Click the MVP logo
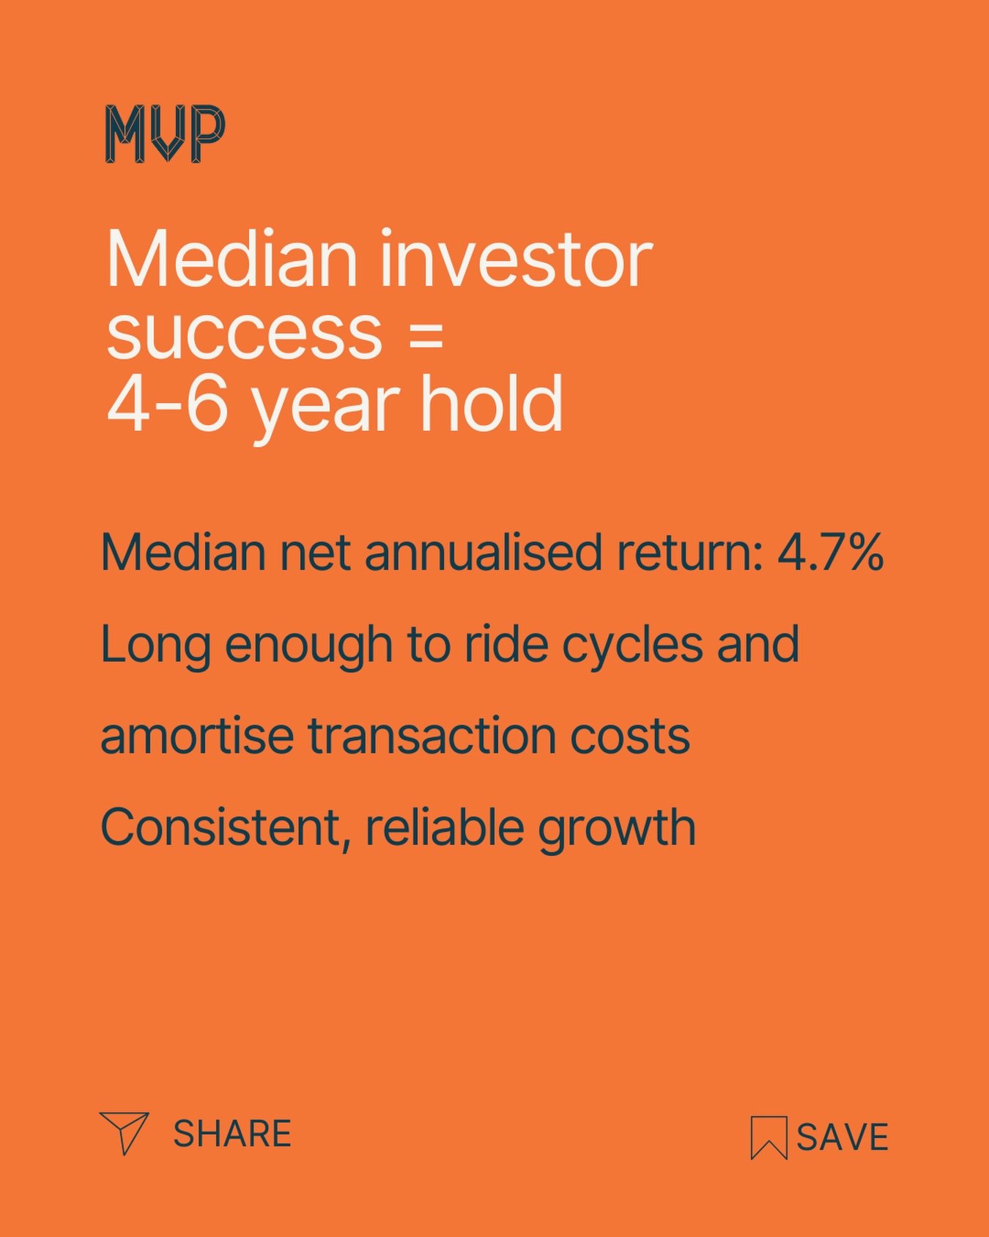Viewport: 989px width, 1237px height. pyautogui.click(x=165, y=133)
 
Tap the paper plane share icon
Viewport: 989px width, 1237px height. pyautogui.click(x=124, y=1133)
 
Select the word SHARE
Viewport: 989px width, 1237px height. pyautogui.click(x=232, y=1134)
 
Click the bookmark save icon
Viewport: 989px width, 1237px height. pyautogui.click(x=768, y=1137)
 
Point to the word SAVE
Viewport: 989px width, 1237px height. pyautogui.click(x=842, y=1137)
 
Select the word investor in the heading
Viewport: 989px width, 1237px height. pyautogui.click(x=515, y=259)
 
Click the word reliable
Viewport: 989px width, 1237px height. pyautogui.click(x=443, y=827)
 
